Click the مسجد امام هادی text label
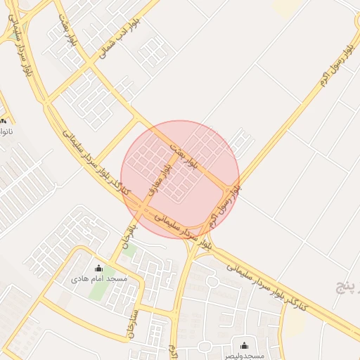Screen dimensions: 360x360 (99, 279)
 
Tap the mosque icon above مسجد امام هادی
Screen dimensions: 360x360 (98, 268)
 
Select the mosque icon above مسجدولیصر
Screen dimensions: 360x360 (244, 345)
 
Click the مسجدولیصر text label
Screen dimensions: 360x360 (242, 355)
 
